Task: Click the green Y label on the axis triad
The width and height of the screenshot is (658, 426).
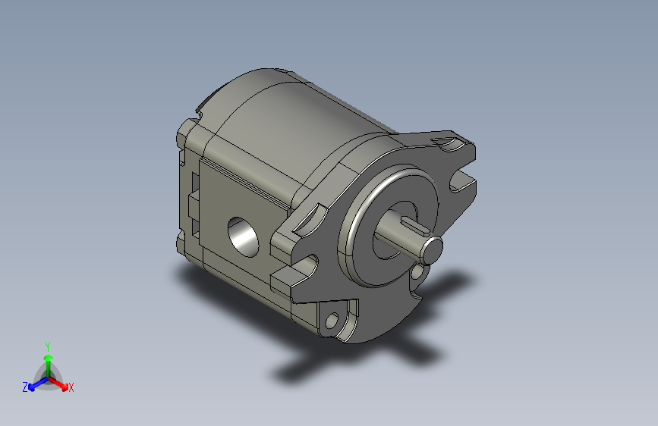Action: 48,347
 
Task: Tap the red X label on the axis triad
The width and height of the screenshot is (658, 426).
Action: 71,387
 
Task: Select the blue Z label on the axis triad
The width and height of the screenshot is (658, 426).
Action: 25,387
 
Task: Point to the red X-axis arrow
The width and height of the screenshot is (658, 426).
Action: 58,384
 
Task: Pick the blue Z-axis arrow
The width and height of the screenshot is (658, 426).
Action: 39,384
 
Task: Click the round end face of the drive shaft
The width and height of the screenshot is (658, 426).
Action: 432,250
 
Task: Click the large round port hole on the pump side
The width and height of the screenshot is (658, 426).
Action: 244,237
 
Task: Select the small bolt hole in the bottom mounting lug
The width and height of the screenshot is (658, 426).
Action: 332,321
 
